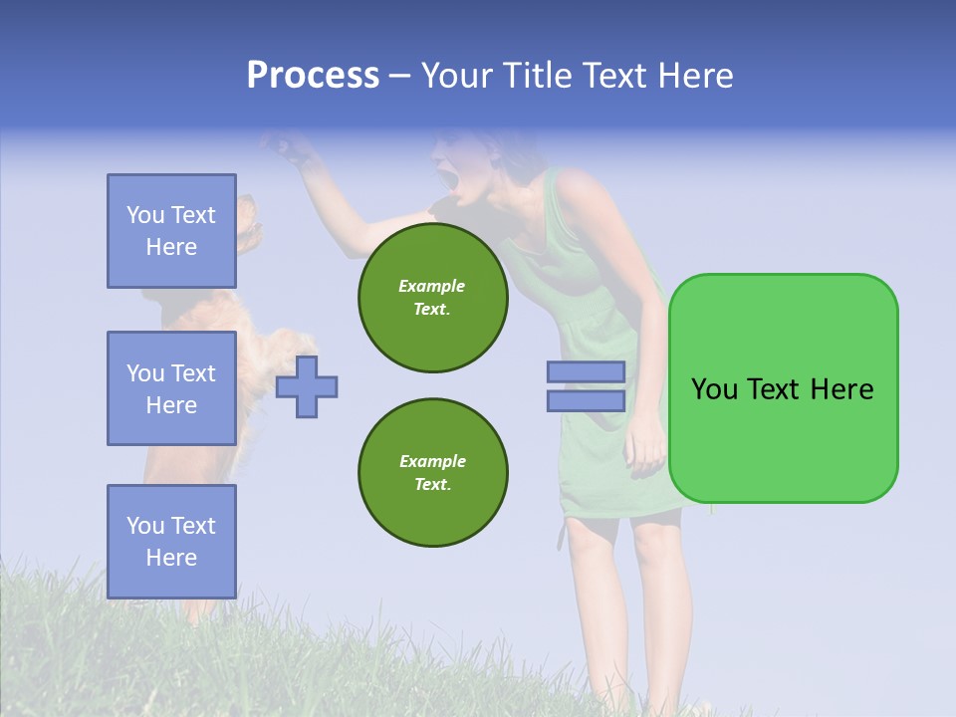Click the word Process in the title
click(313, 76)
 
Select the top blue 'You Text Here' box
click(171, 231)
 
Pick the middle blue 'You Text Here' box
click(171, 388)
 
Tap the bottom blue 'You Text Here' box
click(171, 541)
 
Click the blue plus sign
click(307, 386)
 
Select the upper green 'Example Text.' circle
click(432, 297)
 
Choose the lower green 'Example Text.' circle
click(432, 472)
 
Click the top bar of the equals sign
click(586, 371)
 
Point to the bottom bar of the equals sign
click(586, 401)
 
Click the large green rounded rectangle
click(783, 388)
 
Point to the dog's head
click(249, 224)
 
